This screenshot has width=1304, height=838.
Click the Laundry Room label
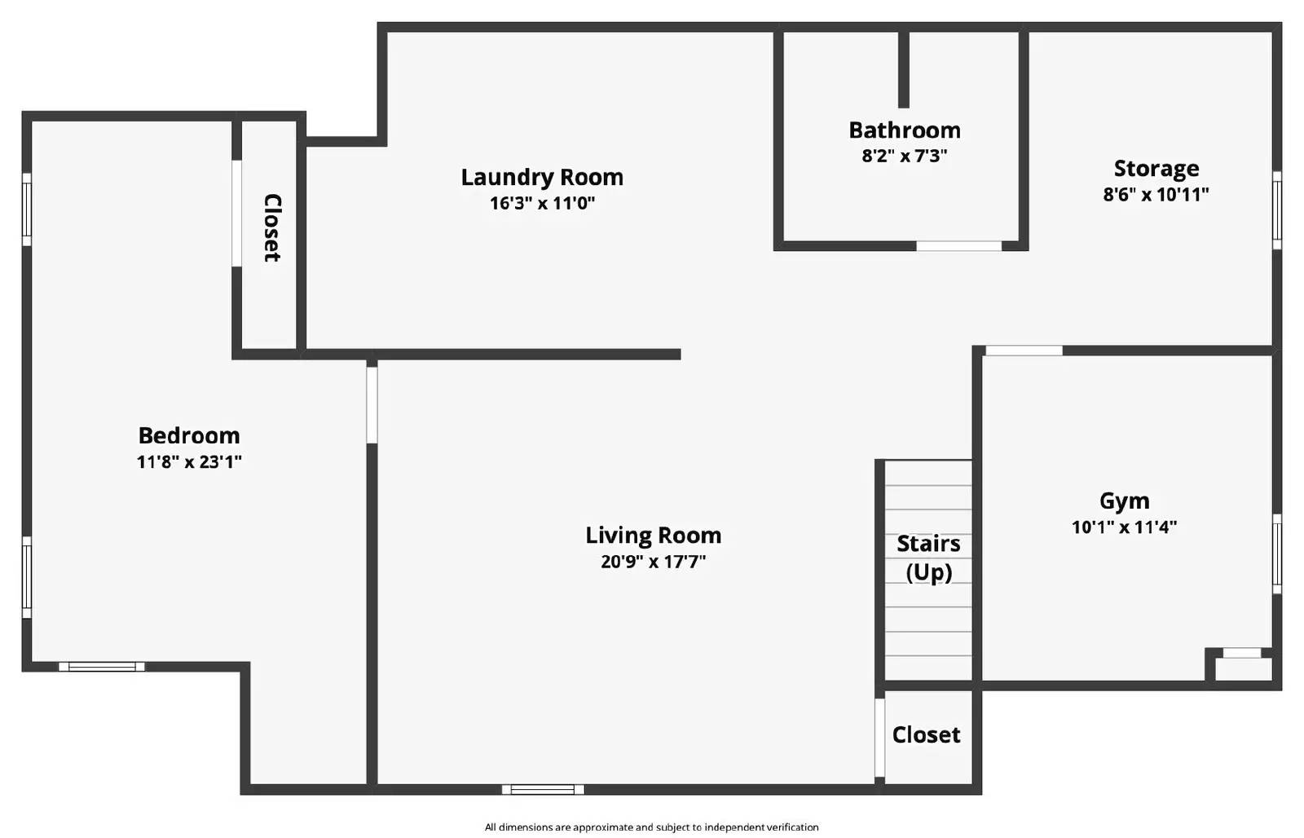542,177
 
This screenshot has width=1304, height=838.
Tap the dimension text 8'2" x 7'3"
904,156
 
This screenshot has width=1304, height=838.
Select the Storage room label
1156,169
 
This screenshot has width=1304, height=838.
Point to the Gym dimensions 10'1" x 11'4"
1124,527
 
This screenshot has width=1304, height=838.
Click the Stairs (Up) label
928,558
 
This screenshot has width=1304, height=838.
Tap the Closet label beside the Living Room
926,734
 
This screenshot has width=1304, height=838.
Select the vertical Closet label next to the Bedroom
271,227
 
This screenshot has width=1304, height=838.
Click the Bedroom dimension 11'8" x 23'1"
189,462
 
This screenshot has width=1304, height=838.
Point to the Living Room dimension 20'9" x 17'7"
653,562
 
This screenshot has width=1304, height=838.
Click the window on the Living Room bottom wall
543,789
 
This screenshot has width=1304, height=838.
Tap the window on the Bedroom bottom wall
102,667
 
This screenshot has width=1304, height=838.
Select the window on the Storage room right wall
1276,209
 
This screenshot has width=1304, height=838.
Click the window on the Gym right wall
1276,554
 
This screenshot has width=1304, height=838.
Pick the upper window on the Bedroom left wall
26,209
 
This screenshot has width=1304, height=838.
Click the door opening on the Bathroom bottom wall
958,245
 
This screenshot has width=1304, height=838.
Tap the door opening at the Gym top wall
1024,351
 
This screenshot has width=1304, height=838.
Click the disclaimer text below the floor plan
651,827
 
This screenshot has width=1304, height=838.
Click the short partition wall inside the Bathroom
903,69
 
